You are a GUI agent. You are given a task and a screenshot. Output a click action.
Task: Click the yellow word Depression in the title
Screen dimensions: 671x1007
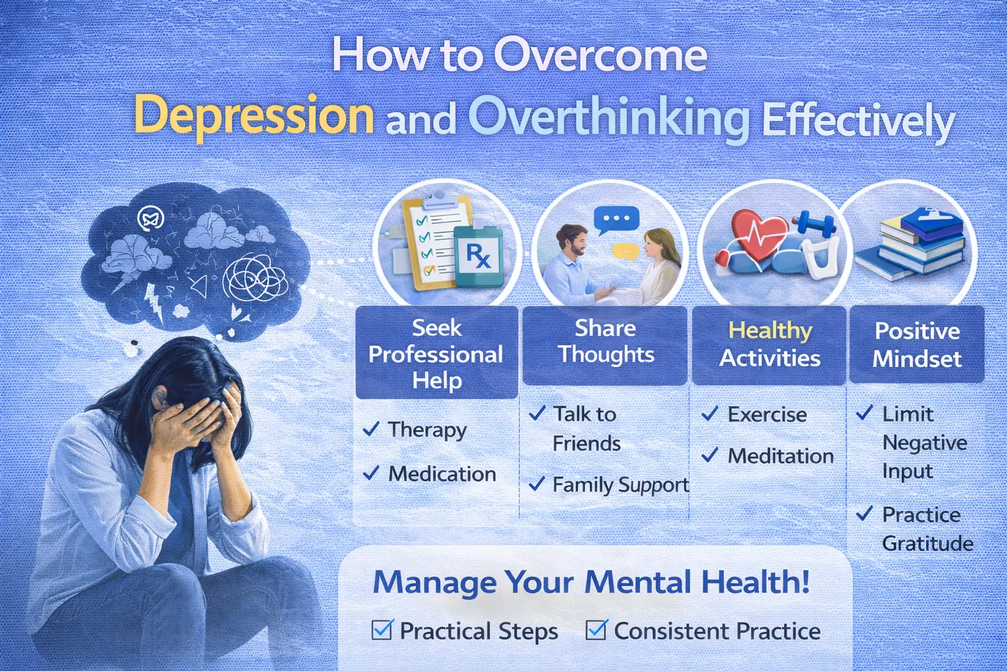pos(254,115)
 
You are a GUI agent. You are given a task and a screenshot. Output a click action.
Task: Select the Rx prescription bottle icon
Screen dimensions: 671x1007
pos(478,256)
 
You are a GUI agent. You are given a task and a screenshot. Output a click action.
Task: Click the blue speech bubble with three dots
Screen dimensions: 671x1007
pos(616,219)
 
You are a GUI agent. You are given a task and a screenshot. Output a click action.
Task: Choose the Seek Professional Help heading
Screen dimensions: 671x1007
pos(436,354)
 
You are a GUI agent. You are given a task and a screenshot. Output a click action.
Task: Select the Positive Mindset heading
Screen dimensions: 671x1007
pos(917,345)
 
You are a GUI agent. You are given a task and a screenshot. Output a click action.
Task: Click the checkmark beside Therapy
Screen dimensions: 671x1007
pos(371,429)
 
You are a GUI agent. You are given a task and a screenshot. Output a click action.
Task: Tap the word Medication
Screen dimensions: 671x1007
pos(442,474)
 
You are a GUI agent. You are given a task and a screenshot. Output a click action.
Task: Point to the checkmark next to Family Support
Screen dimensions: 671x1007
pos(537,484)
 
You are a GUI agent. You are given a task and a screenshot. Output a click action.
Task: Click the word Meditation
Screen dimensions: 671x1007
pos(780,456)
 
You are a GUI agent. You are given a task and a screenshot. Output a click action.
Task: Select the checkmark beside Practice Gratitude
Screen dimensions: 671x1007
pos(865,514)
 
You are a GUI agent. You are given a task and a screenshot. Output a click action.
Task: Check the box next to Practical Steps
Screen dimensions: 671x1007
pos(382,630)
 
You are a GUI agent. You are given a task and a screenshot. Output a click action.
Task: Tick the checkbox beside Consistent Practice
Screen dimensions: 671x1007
pos(596,630)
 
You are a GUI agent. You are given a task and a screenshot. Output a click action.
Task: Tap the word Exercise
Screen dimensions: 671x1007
pos(767,415)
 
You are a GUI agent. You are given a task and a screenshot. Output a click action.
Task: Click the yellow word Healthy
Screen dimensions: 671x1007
pos(770,330)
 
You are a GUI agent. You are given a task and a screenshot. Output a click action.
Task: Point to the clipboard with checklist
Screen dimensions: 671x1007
pos(429,242)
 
